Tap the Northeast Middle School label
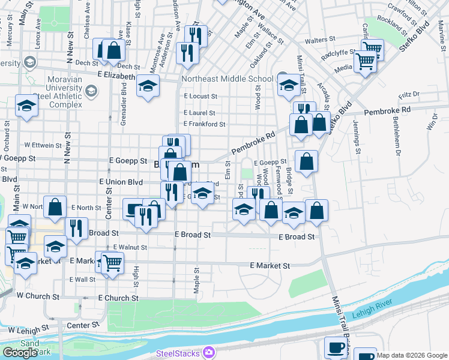229,79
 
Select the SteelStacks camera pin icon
209,353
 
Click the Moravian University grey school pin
91,91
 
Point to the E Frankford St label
204,124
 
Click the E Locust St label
200,96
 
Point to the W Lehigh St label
29,330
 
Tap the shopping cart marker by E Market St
112,262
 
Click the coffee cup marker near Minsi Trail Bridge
336,347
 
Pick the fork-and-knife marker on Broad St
76,227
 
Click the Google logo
19,353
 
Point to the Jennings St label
357,137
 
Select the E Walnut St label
130,247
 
